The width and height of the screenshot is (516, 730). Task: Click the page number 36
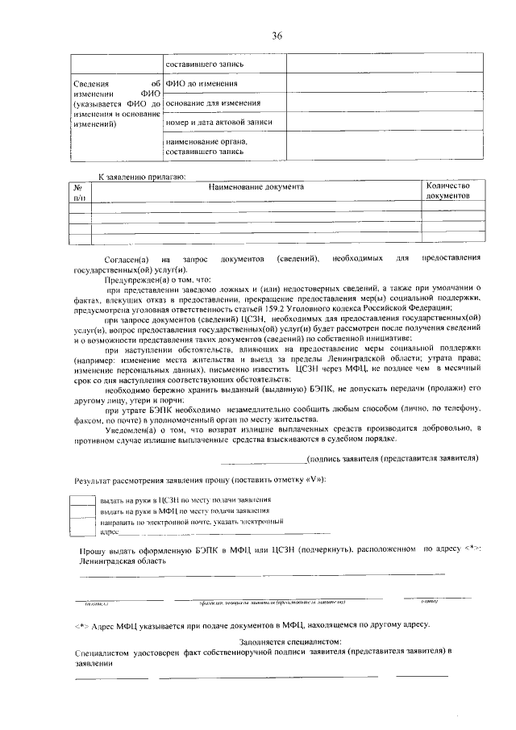pyautogui.click(x=277, y=35)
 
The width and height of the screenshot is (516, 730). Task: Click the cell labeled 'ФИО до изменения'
pyautogui.click(x=202, y=84)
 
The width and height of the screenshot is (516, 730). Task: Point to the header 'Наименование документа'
pyautogui.click(x=256, y=187)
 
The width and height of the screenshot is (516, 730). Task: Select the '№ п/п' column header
pyautogui.click(x=79, y=191)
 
